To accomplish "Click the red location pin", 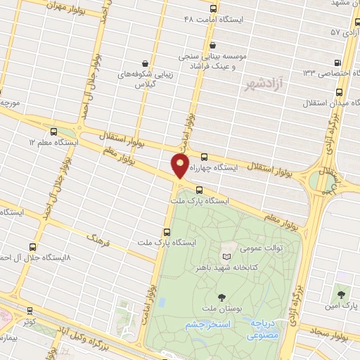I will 180,167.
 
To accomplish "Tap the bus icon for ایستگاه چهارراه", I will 204,157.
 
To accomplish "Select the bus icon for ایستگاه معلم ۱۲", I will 54,131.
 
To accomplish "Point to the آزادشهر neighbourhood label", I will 258,84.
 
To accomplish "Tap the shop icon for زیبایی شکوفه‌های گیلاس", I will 145,63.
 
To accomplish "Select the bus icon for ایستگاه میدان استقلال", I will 340,91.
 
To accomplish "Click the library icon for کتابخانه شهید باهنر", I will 226,255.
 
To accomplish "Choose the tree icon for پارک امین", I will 342,293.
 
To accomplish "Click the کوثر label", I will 28,321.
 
